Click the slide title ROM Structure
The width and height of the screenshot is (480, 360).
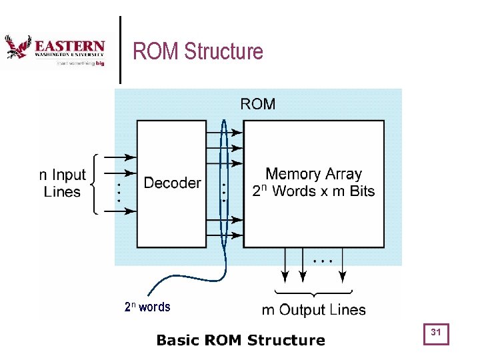[x=198, y=51]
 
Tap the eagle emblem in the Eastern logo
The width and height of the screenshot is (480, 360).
[x=17, y=47]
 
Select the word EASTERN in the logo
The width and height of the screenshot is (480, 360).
[x=69, y=46]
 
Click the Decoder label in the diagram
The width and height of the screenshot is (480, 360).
[x=172, y=183]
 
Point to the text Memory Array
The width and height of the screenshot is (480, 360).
[x=313, y=174]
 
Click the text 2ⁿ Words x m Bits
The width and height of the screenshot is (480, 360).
[x=313, y=191]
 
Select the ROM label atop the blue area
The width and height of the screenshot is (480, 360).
[x=257, y=103]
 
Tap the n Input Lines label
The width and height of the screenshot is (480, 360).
[x=62, y=183]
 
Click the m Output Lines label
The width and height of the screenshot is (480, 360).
[x=313, y=309]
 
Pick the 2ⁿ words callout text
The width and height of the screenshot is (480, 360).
[x=147, y=307]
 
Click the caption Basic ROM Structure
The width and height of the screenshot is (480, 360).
[x=241, y=341]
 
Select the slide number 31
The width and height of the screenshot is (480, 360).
[x=437, y=333]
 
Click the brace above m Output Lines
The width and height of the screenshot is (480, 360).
[x=313, y=293]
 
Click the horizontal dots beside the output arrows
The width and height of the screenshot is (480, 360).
[x=322, y=261]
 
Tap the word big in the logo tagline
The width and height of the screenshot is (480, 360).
[x=100, y=64]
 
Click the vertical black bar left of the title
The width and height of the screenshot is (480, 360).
[x=120, y=50]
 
